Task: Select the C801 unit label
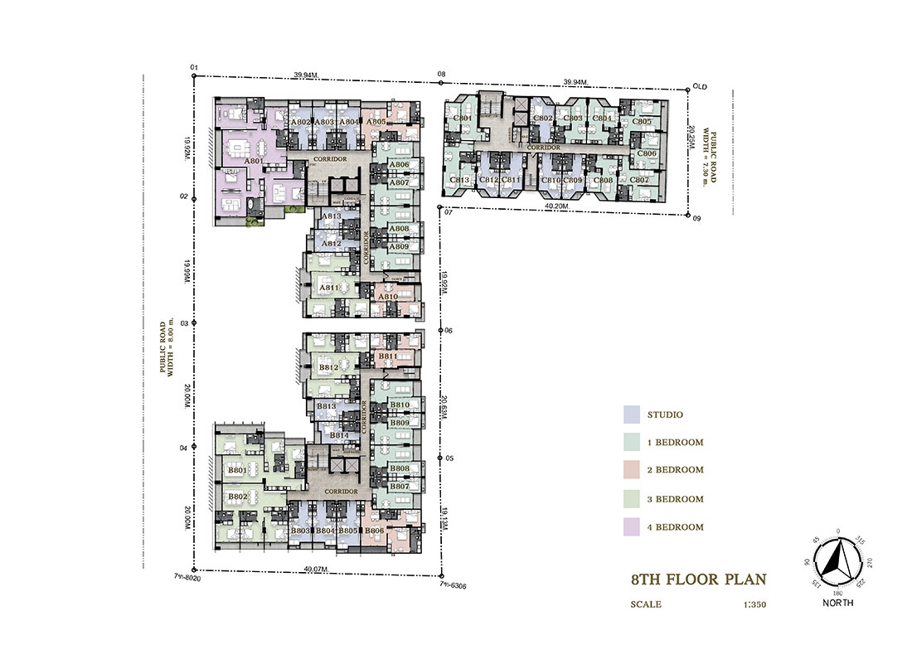tap(463, 119)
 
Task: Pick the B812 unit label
tap(329, 366)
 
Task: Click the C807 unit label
tap(639, 180)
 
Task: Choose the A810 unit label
tap(388, 297)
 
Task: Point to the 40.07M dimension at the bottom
tap(315, 569)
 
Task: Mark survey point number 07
tap(447, 212)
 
